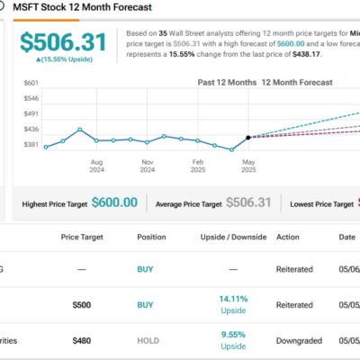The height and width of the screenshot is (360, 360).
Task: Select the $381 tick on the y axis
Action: click(x=31, y=144)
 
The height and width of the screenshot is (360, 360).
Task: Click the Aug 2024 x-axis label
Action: click(x=96, y=167)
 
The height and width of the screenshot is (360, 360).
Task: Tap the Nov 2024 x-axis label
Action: click(x=147, y=167)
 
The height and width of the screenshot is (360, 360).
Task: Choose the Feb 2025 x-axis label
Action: click(x=197, y=167)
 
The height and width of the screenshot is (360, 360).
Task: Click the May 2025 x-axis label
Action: click(x=247, y=167)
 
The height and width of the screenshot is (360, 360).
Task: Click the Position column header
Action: click(x=151, y=237)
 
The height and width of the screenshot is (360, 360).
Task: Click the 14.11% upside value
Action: click(x=233, y=300)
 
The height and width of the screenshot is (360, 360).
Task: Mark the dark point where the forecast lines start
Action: click(x=247, y=137)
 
